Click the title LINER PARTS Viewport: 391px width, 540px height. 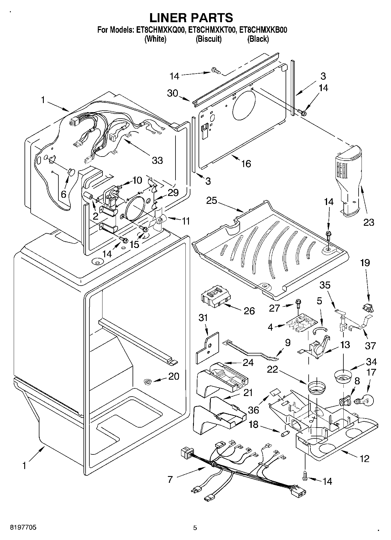[191, 18]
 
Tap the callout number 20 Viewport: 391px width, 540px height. [174, 376]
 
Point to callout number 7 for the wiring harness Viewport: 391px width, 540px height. [170, 479]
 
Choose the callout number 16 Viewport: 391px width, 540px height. [246, 164]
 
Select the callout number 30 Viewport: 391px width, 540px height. [173, 93]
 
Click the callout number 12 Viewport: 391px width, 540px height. [365, 459]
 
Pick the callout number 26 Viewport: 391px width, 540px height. [249, 311]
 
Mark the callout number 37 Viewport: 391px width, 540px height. [370, 345]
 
